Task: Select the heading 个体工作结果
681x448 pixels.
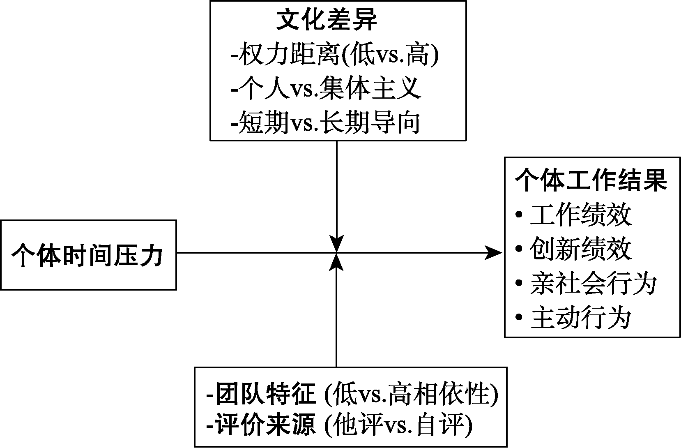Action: coord(591,180)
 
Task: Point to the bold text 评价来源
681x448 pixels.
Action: coord(262,426)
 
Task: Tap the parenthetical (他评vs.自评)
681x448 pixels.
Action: coord(398,426)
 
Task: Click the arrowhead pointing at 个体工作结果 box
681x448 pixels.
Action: coord(493,252)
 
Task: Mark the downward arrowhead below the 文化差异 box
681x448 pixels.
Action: coord(336,244)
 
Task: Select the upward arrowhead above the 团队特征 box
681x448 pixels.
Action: coord(336,262)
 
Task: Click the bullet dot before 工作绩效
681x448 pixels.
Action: coord(519,215)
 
